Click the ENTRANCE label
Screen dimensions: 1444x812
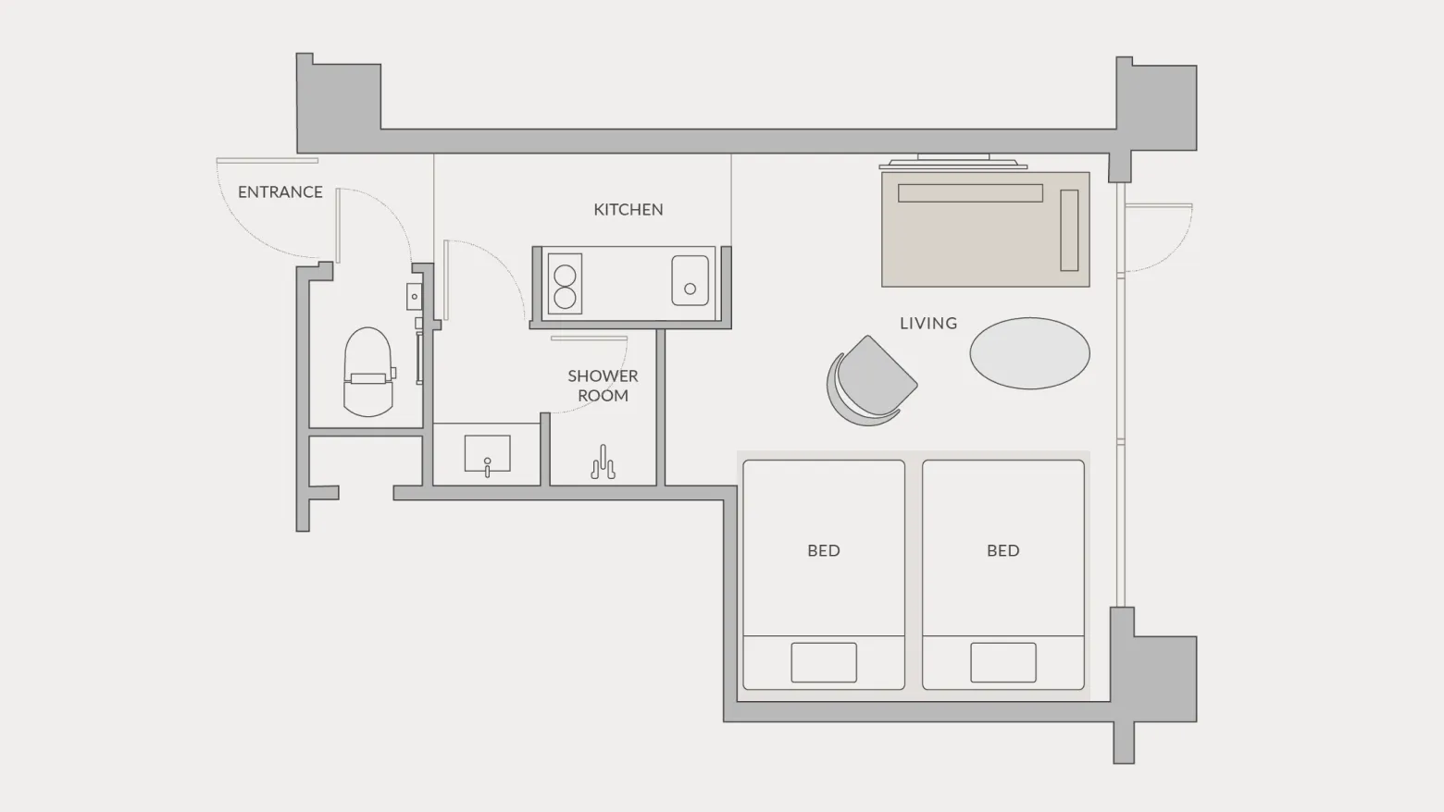coord(280,191)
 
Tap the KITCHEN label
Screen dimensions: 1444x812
coord(628,209)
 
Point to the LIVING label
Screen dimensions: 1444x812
coord(928,324)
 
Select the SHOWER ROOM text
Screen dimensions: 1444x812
coord(603,386)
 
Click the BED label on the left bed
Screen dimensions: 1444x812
coord(824,550)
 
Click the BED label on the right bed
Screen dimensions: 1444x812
coord(1003,550)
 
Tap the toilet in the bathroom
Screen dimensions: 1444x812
coord(368,372)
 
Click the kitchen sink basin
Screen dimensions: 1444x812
coord(690,281)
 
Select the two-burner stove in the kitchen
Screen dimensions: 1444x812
coord(565,284)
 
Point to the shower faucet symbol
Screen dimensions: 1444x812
coord(604,462)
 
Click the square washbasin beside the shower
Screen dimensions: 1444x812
coord(487,453)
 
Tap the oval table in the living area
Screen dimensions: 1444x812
coord(1029,353)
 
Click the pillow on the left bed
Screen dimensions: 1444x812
coord(824,662)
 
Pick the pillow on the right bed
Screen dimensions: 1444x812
coord(1003,662)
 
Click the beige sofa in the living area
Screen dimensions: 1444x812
coord(986,229)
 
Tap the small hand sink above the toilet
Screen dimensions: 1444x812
coord(414,297)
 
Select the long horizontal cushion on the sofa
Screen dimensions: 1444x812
coord(970,193)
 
